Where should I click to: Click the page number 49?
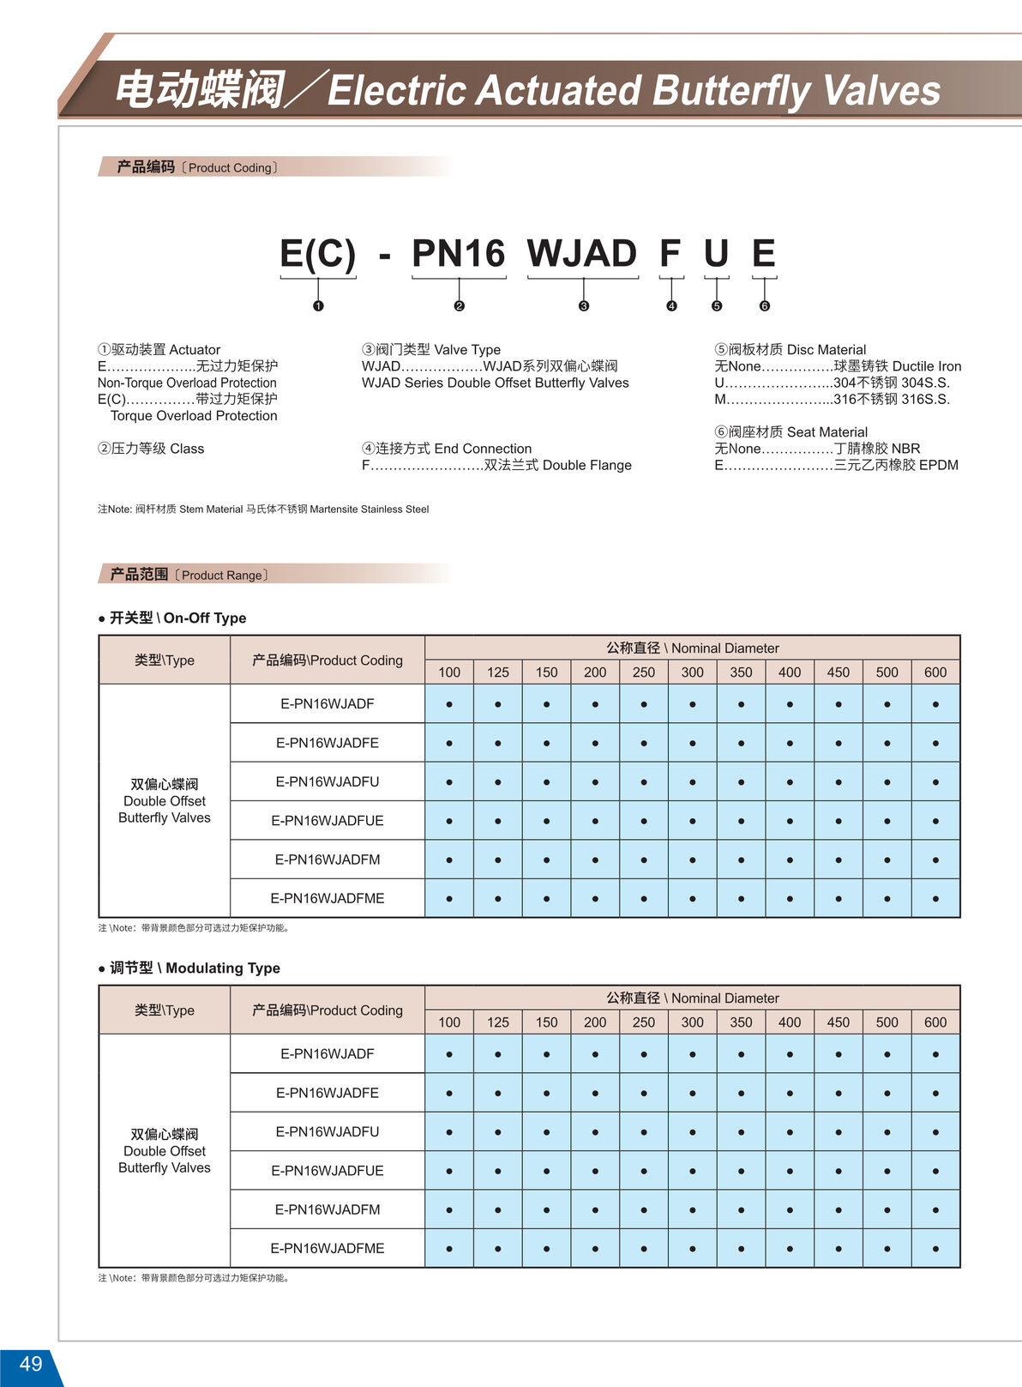tap(31, 1364)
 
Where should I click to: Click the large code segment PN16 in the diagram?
tap(459, 254)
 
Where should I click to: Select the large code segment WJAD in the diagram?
tap(582, 254)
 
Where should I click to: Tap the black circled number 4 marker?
tap(671, 306)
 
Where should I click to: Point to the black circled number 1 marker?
tap(318, 306)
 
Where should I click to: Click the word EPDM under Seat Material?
tap(939, 465)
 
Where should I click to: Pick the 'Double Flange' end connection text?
tap(587, 465)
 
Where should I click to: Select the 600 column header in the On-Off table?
tap(935, 672)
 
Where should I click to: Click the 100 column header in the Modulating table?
tap(449, 1022)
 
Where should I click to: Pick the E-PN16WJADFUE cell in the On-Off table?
tap(328, 821)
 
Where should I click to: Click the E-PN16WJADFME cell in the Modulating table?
tap(328, 1248)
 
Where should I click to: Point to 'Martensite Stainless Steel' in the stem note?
tap(370, 510)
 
